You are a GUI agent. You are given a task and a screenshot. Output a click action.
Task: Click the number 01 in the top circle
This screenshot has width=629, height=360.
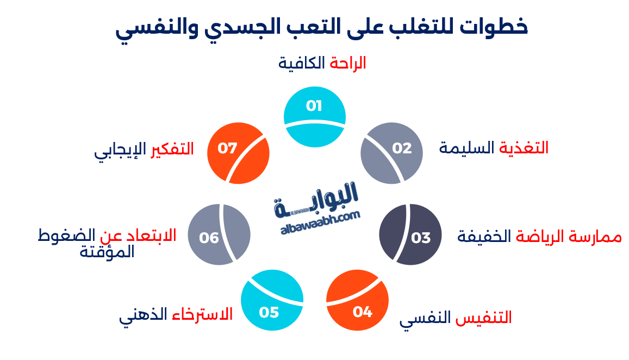point(314,105)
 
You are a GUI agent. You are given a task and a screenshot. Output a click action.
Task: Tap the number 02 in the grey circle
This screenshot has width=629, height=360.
point(402,148)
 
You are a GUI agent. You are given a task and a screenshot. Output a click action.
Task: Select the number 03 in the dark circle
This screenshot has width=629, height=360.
point(420,238)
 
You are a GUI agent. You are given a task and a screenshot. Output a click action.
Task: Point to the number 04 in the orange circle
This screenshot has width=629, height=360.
point(362,312)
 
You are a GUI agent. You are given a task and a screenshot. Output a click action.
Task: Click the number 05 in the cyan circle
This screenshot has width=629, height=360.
point(269,312)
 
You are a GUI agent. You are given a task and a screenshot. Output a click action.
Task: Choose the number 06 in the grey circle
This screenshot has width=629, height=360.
point(209,238)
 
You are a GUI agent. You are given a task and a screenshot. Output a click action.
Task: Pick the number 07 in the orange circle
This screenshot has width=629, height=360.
point(228,148)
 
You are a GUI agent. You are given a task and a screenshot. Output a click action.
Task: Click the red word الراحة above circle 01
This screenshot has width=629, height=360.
point(347,63)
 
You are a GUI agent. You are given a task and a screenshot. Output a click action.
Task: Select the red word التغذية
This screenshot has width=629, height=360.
point(524,148)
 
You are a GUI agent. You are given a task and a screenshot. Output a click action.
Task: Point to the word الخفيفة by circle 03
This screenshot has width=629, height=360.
point(484,237)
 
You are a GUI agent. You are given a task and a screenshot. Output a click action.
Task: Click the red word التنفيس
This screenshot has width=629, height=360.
point(485,318)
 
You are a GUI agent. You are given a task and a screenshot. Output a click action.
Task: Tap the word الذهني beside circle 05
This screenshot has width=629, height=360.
point(143,315)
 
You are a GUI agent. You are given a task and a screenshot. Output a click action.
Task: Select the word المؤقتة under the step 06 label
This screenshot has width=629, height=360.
point(107,252)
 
